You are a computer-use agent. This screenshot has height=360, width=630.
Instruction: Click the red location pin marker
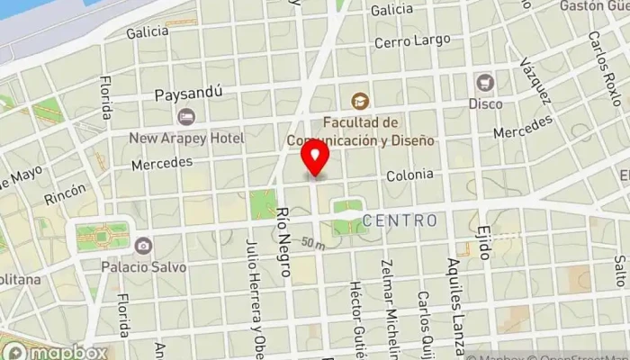click(316, 159)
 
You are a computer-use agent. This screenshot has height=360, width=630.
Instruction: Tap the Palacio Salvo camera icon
click(143, 245)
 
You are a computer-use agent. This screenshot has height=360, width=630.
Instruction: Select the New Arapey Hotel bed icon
click(186, 116)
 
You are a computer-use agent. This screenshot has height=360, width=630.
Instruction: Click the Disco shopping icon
click(485, 82)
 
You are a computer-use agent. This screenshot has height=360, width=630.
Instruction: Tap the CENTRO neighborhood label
click(400, 220)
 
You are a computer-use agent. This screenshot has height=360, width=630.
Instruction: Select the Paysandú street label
click(187, 94)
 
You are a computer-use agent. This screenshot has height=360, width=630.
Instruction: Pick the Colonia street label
click(410, 175)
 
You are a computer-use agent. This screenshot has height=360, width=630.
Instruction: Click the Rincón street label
click(70, 192)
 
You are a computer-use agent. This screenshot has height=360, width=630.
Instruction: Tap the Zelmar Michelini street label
click(389, 315)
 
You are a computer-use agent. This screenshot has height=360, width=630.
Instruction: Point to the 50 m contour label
click(312, 244)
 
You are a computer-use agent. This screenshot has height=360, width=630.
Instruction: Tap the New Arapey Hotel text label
click(186, 138)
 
